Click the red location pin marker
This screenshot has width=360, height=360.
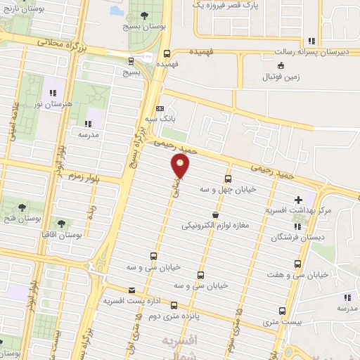(181, 166)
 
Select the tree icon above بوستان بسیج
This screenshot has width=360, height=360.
(144, 15)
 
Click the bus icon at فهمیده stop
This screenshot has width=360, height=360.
(166, 53)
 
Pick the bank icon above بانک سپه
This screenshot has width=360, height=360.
(160, 108)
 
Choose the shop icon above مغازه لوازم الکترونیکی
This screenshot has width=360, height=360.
(214, 214)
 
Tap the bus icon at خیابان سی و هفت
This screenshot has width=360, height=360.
(297, 264)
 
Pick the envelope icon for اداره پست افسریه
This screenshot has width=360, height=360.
(131, 290)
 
